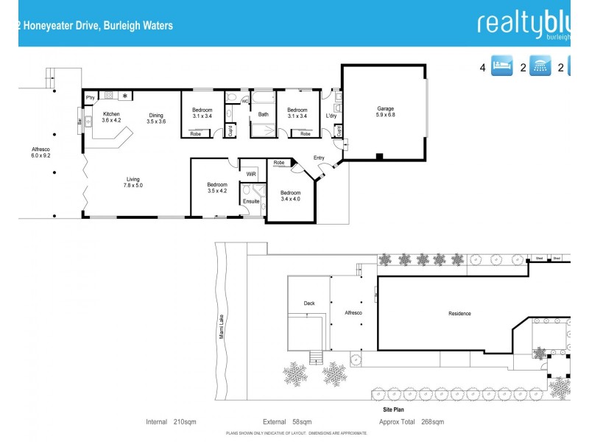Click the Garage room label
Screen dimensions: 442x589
click(x=385, y=108)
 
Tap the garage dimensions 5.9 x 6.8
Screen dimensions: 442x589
click(x=385, y=115)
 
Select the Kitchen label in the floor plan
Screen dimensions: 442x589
click(x=111, y=113)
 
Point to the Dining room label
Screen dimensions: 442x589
click(x=156, y=114)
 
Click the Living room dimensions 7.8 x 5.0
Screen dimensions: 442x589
click(x=133, y=185)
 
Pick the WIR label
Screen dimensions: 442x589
click(x=250, y=173)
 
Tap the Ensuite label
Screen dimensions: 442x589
click(x=250, y=200)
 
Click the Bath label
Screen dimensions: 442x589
click(x=263, y=114)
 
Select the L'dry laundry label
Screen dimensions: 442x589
click(x=331, y=115)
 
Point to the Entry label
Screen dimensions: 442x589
click(x=319, y=158)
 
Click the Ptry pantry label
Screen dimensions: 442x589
click(x=91, y=97)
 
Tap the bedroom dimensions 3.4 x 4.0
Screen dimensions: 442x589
click(x=290, y=199)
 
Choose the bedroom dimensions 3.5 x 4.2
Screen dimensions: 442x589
click(x=216, y=191)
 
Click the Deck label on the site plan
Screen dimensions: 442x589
click(x=309, y=303)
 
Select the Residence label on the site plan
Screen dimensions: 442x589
click(x=459, y=314)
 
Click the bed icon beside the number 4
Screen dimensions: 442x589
click(x=501, y=67)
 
